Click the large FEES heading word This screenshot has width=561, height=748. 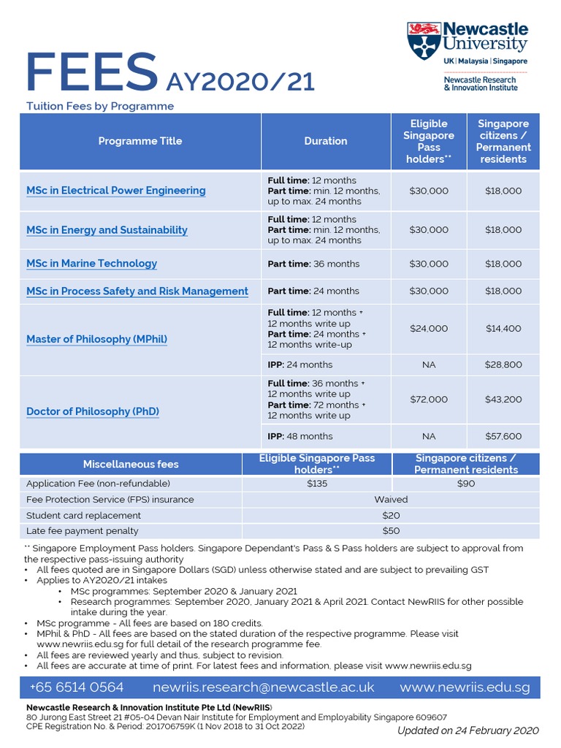point(91,74)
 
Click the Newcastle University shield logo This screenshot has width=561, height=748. point(424,41)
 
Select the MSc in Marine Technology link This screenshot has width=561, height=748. point(91,264)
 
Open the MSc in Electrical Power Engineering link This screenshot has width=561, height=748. point(115,191)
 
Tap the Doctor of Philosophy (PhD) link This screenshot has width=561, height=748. point(92,411)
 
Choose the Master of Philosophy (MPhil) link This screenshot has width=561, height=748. point(96,339)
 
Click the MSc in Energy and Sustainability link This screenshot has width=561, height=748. point(107,230)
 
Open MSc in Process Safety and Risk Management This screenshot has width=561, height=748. point(137,291)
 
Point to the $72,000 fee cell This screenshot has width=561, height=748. point(429,400)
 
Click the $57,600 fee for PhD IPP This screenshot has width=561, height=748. point(503,436)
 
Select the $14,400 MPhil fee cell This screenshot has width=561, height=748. point(503,329)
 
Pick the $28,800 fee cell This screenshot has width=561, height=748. point(503,365)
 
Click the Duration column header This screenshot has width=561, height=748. point(326,141)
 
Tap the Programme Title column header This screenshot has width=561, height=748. point(140,141)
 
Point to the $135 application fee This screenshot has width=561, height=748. point(317,484)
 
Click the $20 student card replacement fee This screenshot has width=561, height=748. point(391,515)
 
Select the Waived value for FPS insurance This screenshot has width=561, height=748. point(391,500)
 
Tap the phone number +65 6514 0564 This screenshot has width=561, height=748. point(77,687)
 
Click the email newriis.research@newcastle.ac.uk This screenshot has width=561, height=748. point(263,687)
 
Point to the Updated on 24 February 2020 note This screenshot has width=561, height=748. point(467,730)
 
